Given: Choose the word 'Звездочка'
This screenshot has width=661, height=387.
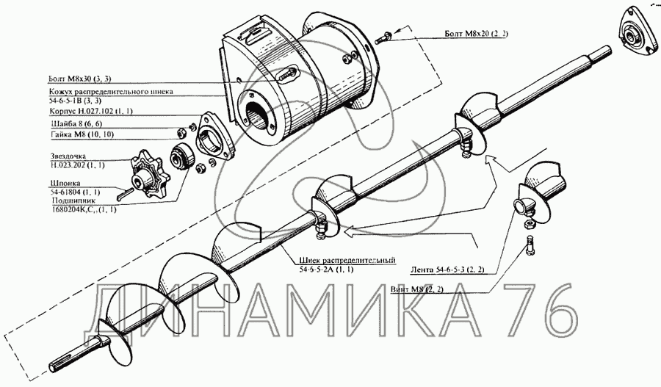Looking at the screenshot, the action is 68,156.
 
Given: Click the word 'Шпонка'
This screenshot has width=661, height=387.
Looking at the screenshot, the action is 65,184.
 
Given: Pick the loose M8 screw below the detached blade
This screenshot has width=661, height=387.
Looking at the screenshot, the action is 530,245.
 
